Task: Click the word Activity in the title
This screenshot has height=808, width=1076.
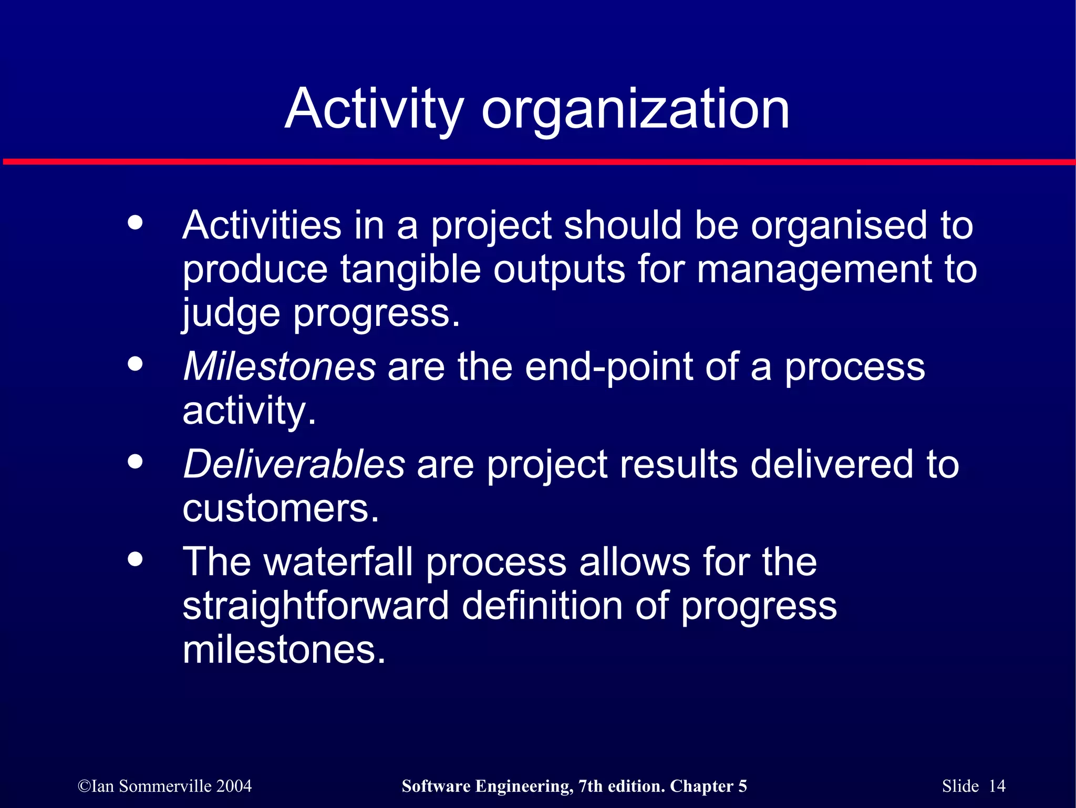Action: [x=374, y=109]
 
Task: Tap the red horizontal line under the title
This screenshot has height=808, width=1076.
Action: [x=538, y=162]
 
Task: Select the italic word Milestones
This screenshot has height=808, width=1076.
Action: [x=280, y=366]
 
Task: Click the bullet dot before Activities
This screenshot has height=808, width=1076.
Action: [x=135, y=222]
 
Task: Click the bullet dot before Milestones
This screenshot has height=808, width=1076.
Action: [x=135, y=364]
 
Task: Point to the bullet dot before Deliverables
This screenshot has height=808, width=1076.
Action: [x=135, y=462]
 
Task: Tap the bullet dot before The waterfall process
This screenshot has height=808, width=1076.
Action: [x=135, y=559]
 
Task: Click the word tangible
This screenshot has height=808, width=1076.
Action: [x=410, y=270]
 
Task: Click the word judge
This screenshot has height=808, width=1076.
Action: [x=231, y=314]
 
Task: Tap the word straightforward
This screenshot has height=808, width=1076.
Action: [x=316, y=606]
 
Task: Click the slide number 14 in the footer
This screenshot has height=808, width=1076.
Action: [x=997, y=786]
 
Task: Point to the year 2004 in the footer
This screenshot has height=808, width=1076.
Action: [x=234, y=786]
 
